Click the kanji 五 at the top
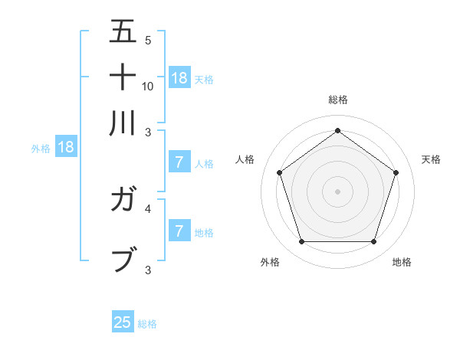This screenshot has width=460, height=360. (x=123, y=31)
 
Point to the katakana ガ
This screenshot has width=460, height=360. (x=123, y=201)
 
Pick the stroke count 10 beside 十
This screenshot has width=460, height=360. (x=148, y=86)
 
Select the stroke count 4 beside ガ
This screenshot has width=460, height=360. (x=148, y=208)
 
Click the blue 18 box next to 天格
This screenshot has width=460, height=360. (x=179, y=78)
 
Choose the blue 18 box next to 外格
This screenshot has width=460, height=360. (x=66, y=147)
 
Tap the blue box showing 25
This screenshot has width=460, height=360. (x=123, y=322)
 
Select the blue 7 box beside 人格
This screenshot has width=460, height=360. (x=179, y=162)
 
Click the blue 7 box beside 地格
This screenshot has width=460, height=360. (x=179, y=231)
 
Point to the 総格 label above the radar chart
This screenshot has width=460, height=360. (x=338, y=100)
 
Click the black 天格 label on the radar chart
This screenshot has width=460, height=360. (x=431, y=159)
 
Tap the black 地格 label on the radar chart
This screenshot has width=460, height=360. (x=402, y=262)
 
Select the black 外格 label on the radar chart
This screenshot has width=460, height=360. (x=270, y=262)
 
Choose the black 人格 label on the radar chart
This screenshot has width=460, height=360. (x=245, y=159)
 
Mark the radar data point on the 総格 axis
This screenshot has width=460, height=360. (x=337, y=130)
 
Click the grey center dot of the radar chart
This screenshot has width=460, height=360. (x=337, y=191)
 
